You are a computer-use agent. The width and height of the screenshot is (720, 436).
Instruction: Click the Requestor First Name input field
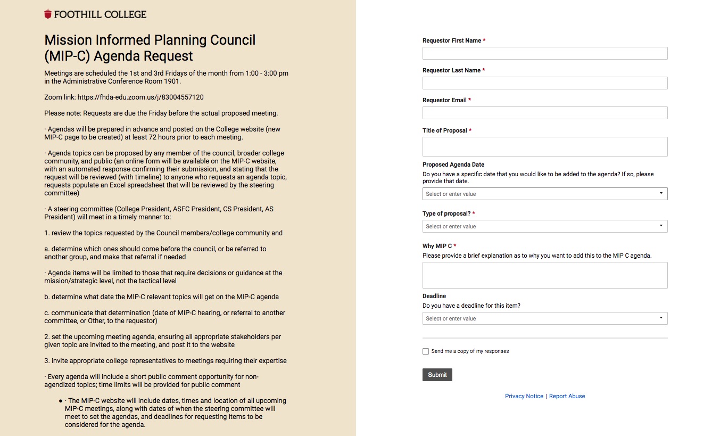point(544,53)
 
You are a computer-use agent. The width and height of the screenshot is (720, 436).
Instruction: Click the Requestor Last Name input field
point(544,83)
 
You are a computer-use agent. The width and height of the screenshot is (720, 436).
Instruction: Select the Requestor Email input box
point(544,113)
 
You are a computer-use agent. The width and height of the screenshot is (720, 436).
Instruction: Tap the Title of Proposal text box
point(544,146)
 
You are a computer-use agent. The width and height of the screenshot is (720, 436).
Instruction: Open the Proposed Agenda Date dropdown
point(544,194)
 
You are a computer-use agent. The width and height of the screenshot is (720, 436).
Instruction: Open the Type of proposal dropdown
point(544,226)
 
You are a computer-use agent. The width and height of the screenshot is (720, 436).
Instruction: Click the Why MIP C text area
point(544,275)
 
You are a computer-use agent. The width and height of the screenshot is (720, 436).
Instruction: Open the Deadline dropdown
point(544,318)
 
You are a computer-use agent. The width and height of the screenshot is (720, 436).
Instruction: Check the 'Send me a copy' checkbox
point(426,351)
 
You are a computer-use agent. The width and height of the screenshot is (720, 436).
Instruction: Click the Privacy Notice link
point(524,396)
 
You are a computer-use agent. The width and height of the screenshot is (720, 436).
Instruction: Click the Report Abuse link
point(567,396)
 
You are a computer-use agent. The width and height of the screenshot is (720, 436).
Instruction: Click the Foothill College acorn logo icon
point(48,14)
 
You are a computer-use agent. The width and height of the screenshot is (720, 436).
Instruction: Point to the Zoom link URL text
point(140,97)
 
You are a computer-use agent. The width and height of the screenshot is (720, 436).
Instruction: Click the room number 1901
point(172,81)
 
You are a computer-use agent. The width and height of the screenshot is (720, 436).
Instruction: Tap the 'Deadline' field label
point(434,296)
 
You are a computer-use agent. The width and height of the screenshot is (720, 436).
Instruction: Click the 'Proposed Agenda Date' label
point(453,164)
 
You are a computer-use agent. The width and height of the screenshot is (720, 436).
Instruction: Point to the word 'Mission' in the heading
point(70,40)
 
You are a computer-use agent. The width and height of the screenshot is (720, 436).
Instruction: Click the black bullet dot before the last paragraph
point(61,401)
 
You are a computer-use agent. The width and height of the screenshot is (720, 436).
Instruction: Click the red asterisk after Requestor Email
point(470,100)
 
